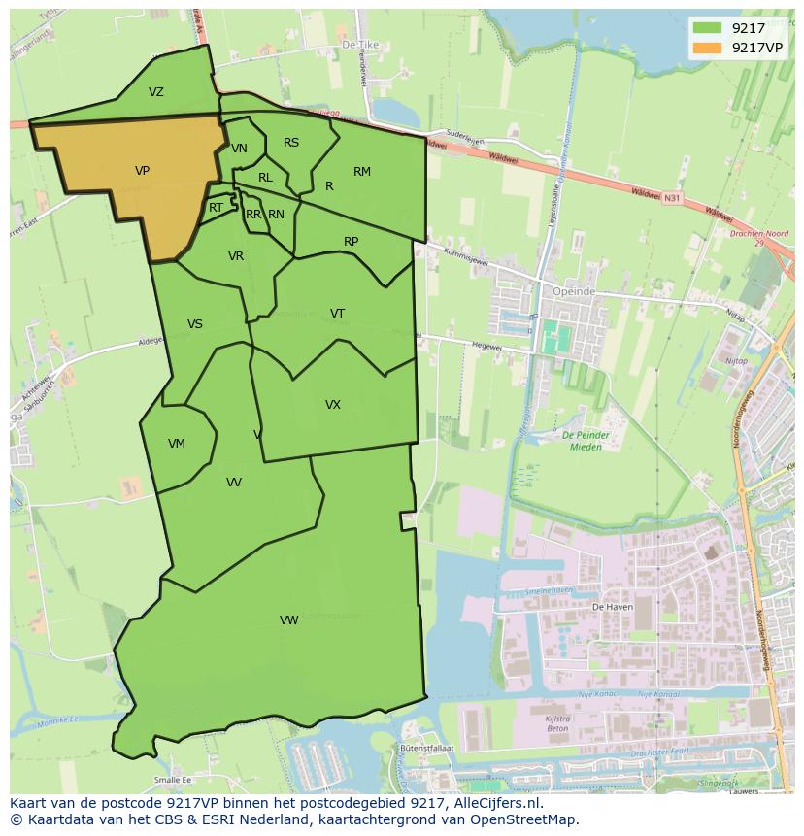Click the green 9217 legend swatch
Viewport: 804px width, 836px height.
[x=707, y=27]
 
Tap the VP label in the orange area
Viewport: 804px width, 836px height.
[x=142, y=171]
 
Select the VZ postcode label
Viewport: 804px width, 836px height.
[x=156, y=92]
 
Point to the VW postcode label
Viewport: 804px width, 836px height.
[x=288, y=620]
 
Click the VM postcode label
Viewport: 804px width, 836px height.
[x=176, y=444]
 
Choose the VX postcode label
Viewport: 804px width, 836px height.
[x=333, y=405]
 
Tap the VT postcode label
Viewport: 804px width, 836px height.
[x=337, y=313]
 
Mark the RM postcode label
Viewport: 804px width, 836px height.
[x=362, y=172]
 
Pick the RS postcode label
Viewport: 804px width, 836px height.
[x=291, y=143]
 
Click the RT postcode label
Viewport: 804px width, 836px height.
[x=216, y=208]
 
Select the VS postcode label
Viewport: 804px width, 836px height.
[x=195, y=324]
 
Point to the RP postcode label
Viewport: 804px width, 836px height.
[x=352, y=242]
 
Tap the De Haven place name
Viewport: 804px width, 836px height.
[x=612, y=606]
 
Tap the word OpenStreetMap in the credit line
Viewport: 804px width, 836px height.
[x=524, y=819]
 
